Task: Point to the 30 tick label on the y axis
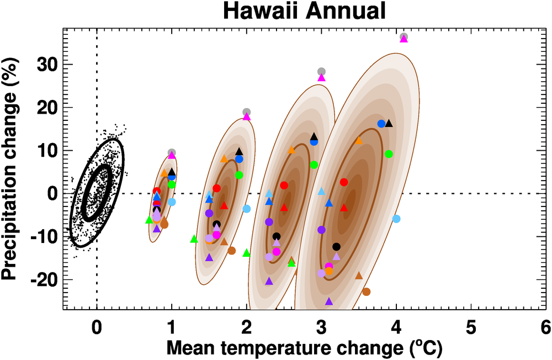(48, 64)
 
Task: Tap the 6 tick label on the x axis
(545, 327)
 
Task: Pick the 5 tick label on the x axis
(471, 327)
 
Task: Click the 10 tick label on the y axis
(48, 150)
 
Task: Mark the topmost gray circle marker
(404, 37)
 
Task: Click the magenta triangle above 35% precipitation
(404, 39)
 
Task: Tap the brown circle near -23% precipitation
(366, 292)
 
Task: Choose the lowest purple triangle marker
(329, 301)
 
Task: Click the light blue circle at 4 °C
(396, 219)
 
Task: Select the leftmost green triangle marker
(149, 220)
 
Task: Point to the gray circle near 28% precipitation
(321, 71)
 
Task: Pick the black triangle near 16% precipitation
(389, 123)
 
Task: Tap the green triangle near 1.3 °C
(194, 239)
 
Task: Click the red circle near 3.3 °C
(344, 182)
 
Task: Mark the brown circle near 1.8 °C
(231, 251)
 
